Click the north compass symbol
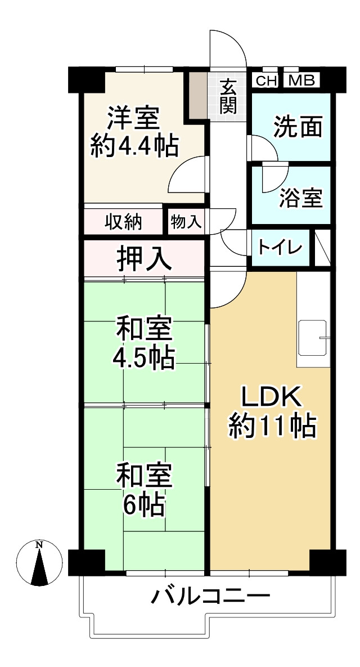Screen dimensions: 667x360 (39, 563)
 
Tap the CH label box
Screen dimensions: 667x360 (267, 80)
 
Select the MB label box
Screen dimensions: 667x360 (301, 80)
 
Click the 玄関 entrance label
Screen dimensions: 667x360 (228, 97)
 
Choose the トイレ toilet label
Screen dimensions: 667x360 (280, 247)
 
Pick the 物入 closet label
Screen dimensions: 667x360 (186, 222)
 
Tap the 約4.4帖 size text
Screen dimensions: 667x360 (134, 147)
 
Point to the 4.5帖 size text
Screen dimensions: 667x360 (143, 358)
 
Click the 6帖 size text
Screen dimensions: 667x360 (145, 504)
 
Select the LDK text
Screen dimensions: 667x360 (272, 398)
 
